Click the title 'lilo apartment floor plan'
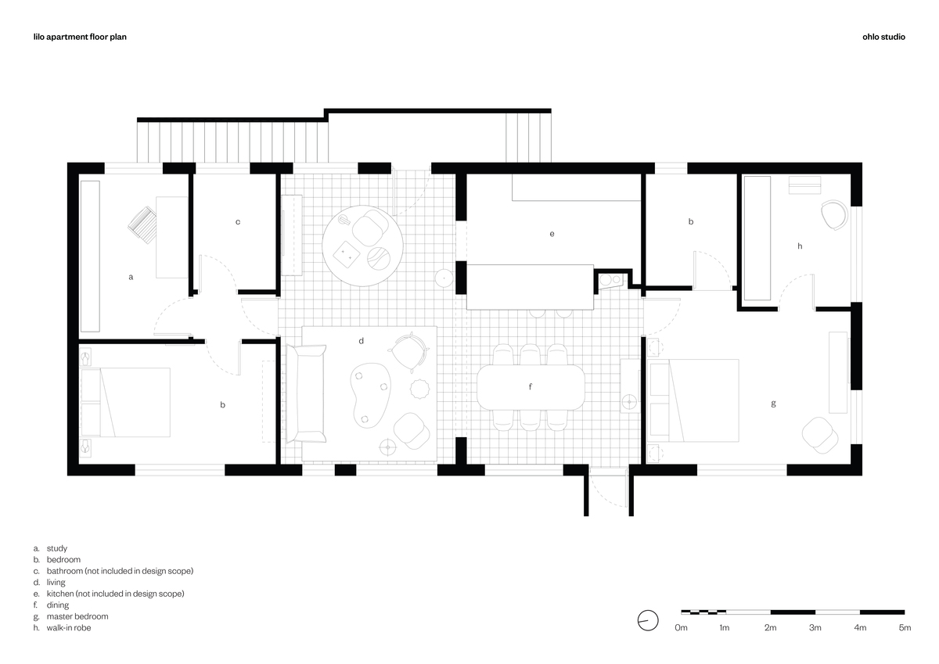80,37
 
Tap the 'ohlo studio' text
883,37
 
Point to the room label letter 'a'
131,277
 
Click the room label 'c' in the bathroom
238,222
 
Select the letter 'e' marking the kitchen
552,234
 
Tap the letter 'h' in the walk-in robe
800,246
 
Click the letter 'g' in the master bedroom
773,404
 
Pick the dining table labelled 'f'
531,387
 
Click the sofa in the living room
306,393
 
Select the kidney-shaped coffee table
371,395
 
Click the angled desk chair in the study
142,225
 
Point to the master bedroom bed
693,400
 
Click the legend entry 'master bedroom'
77,616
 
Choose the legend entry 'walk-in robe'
69,627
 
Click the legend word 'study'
57,548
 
